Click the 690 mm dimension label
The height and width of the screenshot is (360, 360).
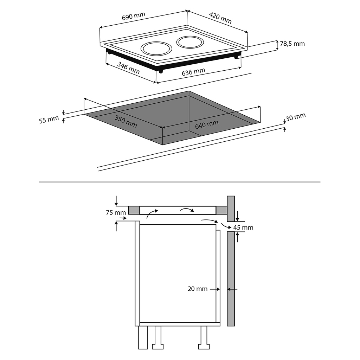[133, 17]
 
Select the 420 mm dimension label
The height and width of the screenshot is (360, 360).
[220, 18]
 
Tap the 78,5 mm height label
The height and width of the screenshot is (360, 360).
[292, 44]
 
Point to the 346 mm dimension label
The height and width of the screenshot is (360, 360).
[128, 68]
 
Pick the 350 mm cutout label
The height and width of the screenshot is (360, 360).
[126, 121]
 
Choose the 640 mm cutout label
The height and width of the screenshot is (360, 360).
[207, 124]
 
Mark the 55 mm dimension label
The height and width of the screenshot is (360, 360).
[49, 120]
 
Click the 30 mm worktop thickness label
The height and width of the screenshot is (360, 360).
[296, 117]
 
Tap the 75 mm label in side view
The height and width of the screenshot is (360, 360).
[116, 213]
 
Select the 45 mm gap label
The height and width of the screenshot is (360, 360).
[243, 228]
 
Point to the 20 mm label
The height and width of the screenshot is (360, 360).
[197, 289]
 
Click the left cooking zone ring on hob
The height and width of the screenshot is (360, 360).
[156, 49]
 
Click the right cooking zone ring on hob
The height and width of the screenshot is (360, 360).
[190, 42]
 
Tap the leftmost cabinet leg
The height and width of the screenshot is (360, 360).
[143, 337]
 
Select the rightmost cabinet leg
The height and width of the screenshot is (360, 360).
[204, 337]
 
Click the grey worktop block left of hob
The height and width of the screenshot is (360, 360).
[134, 210]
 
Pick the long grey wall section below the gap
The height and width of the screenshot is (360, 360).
[231, 278]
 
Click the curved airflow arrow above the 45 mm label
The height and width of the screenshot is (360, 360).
[224, 226]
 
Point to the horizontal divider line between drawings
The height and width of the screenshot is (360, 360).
[179, 182]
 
